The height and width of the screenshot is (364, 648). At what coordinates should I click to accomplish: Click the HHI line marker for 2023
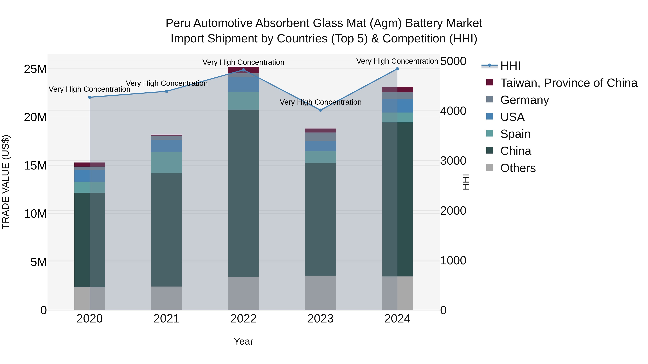320,110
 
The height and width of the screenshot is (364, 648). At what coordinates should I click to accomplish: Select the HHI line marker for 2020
90,97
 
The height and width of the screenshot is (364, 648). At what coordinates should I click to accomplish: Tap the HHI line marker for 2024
397,69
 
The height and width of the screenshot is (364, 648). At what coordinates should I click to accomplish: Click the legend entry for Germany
525,100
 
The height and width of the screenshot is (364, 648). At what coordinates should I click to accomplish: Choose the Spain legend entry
515,134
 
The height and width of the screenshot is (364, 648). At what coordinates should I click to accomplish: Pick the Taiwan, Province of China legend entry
568,83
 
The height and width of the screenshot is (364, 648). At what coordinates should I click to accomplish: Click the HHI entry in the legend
510,66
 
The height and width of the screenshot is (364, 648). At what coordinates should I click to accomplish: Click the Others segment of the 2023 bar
320,293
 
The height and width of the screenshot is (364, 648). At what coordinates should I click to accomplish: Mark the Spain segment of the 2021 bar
166,162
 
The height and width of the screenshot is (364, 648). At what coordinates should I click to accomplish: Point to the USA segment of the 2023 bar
320,146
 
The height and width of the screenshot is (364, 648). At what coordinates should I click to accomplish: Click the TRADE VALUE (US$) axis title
6,182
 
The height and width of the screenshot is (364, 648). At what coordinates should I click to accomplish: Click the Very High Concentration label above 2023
320,102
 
